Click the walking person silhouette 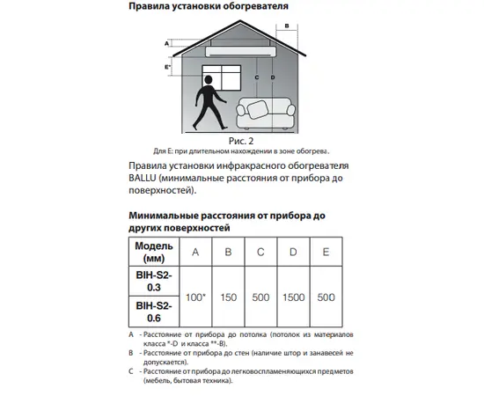[x=209, y=103]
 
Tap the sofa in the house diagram [x=266, y=114]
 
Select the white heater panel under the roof [x=241, y=52]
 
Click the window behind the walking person [x=222, y=77]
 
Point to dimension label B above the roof [x=287, y=26]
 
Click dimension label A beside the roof [x=166, y=43]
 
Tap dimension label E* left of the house [x=167, y=67]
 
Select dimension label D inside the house [x=273, y=77]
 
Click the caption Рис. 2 [x=241, y=141]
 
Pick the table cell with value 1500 [x=294, y=297]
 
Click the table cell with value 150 [x=229, y=297]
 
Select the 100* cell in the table [x=195, y=297]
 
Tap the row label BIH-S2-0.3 [x=154, y=282]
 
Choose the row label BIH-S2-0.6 [x=154, y=312]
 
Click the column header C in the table [x=260, y=252]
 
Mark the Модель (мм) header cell [x=154, y=252]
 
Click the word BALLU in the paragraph [x=143, y=178]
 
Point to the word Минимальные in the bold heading [x=164, y=216]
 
